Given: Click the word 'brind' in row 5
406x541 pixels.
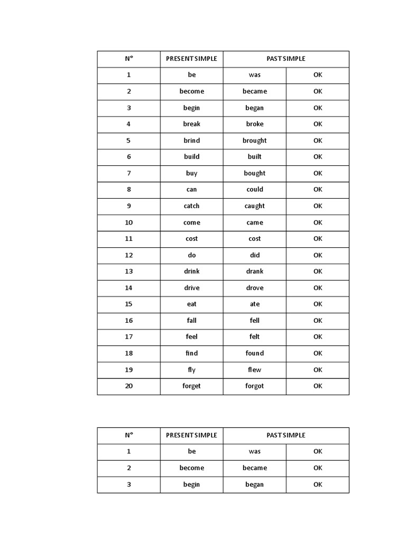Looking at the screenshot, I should click(x=191, y=141).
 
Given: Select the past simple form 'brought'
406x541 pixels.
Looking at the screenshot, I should click(x=254, y=141).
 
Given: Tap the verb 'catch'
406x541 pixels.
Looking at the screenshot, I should click(x=191, y=206).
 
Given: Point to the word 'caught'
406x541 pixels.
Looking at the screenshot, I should click(x=254, y=206).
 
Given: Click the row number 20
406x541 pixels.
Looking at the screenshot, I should click(x=128, y=386).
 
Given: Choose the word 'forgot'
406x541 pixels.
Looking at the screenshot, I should click(x=254, y=386).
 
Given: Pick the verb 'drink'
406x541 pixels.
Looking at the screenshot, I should click(x=191, y=271).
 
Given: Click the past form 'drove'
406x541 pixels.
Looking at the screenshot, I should click(x=254, y=288).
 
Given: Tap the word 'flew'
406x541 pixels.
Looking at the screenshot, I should click(x=254, y=369).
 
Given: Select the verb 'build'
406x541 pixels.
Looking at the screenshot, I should click(x=191, y=156).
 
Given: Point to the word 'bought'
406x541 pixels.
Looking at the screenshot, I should click(x=254, y=173).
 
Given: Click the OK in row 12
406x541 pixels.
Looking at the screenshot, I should click(x=317, y=255).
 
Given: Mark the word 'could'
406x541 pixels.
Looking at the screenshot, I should click(x=254, y=189).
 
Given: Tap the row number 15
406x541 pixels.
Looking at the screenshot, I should click(x=128, y=304).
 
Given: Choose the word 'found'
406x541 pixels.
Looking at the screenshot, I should click(x=254, y=353).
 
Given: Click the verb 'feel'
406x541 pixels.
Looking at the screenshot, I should click(x=191, y=337).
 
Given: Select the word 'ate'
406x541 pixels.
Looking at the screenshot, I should click(x=254, y=304).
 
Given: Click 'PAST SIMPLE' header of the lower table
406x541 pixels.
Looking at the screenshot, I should click(x=285, y=435).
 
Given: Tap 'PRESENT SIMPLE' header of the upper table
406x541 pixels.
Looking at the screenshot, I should click(x=191, y=59).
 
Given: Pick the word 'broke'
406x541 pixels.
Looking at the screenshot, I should click(x=254, y=124).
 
